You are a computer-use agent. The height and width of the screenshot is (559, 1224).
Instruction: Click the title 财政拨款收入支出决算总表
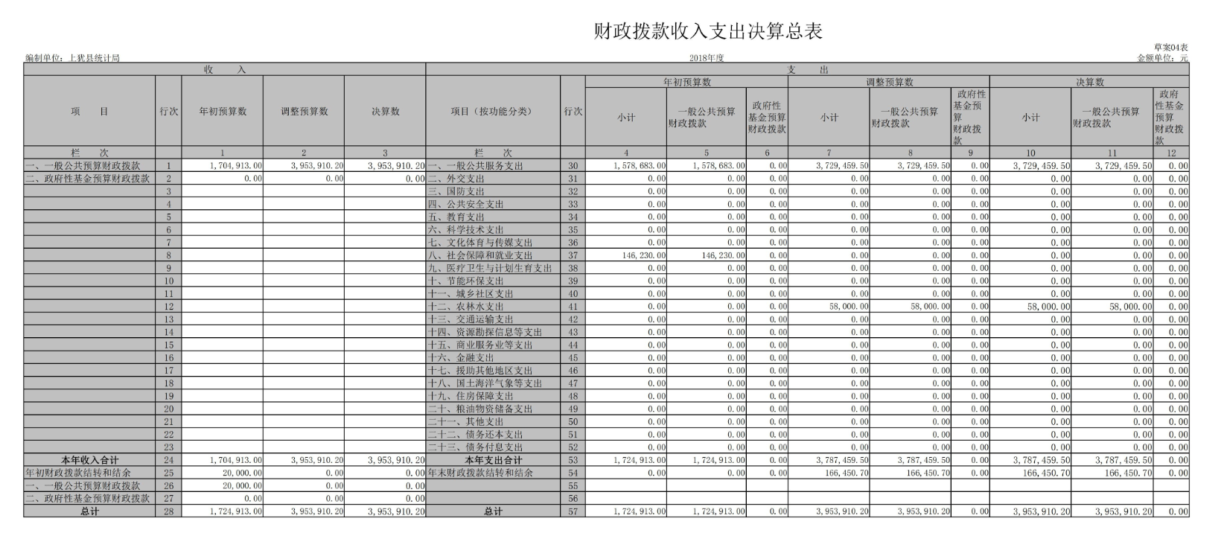[707, 31]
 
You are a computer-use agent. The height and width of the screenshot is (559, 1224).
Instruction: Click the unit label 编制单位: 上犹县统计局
[72, 58]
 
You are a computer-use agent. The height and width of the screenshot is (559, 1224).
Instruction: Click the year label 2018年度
[706, 58]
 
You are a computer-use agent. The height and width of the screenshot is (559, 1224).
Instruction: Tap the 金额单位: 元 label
[1162, 58]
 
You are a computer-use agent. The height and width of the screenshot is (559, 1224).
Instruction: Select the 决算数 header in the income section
[385, 112]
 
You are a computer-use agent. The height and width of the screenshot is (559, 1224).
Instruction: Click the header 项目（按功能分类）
[492, 112]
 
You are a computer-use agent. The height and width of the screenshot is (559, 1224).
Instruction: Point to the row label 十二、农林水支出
[466, 307]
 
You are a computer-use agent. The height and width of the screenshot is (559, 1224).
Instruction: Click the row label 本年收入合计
[89, 460]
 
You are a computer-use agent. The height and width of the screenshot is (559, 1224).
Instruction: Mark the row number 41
[573, 307]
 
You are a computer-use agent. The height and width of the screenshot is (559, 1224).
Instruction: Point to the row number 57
[573, 511]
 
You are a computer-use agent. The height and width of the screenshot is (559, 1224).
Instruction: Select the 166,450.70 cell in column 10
[1046, 473]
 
